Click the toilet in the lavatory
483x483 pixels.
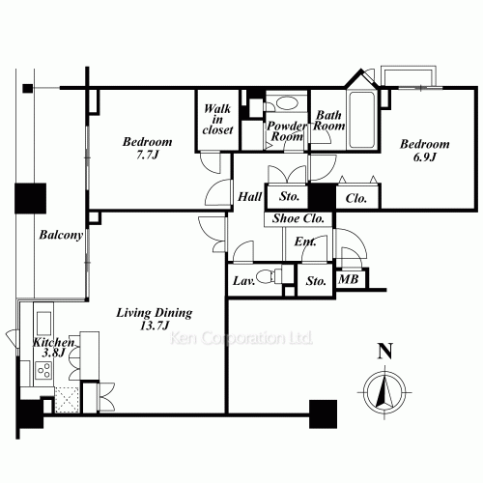click(269, 276)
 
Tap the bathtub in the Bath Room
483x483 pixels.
click(361, 120)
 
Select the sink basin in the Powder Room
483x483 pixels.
click(287, 103)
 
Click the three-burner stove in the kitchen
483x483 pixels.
click(43, 370)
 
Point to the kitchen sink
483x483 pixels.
click(43, 323)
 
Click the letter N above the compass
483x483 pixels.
click(385, 351)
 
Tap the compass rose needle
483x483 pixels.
click(384, 391)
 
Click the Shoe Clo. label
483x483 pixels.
click(298, 218)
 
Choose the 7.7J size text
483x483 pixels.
click(148, 155)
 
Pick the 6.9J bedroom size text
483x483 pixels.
click(425, 157)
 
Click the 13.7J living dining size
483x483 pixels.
click(155, 326)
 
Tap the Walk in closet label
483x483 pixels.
click(217, 119)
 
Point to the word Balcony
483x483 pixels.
click(61, 235)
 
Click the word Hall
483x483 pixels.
click(250, 196)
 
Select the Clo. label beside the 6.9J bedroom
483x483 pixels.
click(356, 198)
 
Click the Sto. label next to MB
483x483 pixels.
click(316, 281)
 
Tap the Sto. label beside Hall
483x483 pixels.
click(289, 196)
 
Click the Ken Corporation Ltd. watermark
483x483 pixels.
click(241, 338)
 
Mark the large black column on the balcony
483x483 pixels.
click(31, 198)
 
